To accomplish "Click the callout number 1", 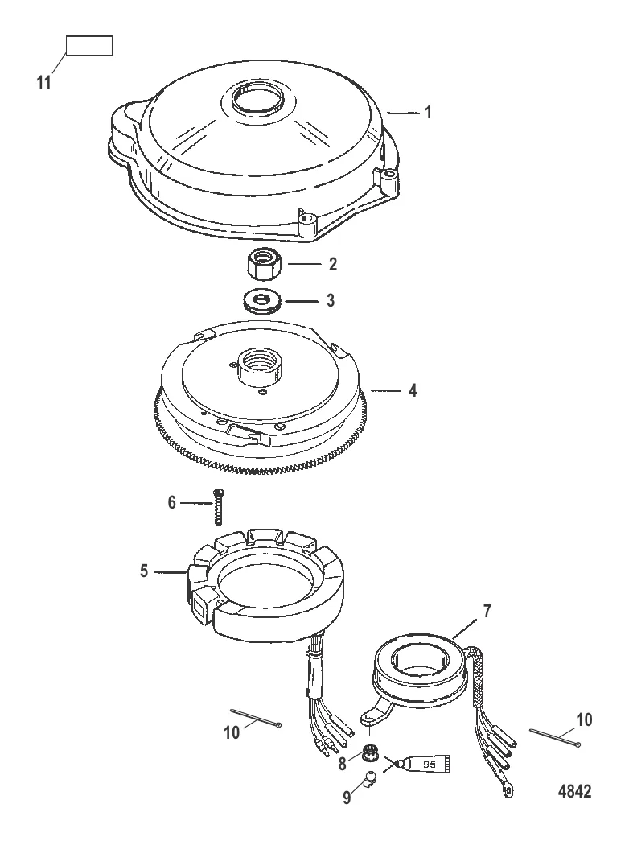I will [429, 113].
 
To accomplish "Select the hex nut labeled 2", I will [262, 264].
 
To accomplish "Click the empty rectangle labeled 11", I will [88, 45].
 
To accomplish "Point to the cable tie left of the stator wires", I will [255, 718].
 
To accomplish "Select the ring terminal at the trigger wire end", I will [506, 792].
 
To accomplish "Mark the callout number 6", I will [171, 501].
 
